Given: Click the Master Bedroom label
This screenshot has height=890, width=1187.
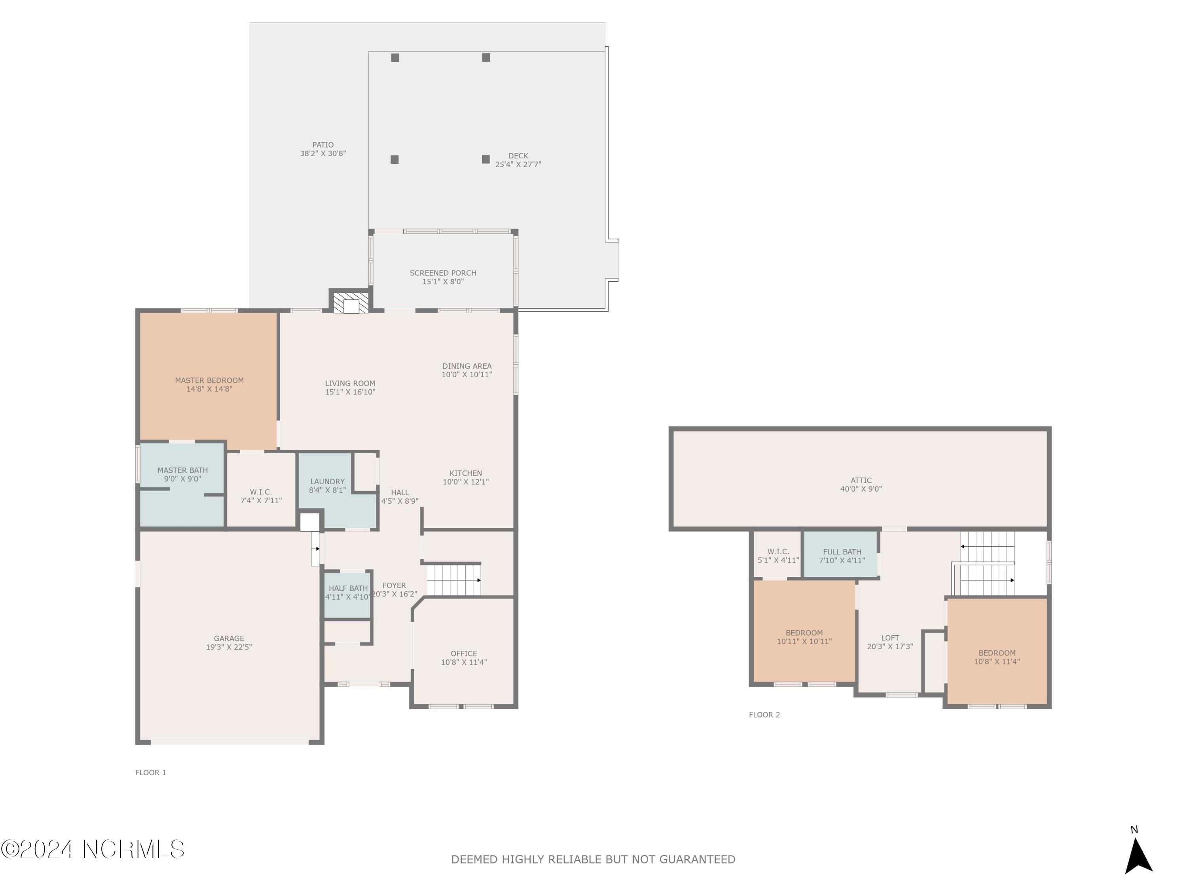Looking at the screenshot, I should tap(209, 381).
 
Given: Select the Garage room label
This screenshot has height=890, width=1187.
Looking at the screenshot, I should tap(229, 638).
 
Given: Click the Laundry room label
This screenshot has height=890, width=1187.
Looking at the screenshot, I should tap(327, 482).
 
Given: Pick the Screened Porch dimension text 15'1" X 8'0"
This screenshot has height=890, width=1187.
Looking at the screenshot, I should tap(443, 282).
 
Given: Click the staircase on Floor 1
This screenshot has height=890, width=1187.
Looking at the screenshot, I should tap(454, 579).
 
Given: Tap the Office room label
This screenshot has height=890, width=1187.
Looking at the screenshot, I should tap(464, 653).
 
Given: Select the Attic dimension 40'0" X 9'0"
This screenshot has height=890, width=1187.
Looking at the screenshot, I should tap(861, 489).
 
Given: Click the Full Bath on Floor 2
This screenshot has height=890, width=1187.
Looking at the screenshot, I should tap(842, 555).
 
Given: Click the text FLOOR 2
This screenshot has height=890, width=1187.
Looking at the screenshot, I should tap(764, 715).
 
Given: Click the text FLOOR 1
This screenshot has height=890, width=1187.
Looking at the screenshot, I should tap(151, 773).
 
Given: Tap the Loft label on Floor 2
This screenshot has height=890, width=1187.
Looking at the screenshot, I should tap(890, 638).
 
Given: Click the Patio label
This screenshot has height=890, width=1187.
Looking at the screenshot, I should tap(323, 145).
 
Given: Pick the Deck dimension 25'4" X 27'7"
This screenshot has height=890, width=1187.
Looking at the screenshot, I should tap(518, 165).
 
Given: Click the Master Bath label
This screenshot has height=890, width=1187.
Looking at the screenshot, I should tap(182, 470).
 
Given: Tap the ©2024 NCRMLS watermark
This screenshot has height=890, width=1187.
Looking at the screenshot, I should tap(92, 849).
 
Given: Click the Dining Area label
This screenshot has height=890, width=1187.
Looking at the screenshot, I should tap(467, 366).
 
